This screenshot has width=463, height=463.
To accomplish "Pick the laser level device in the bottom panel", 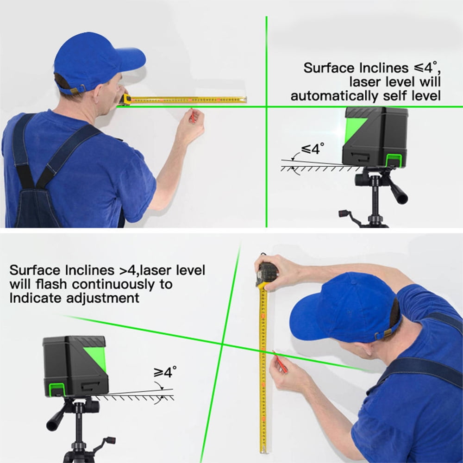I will click(75, 366).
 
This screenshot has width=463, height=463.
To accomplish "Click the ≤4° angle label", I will click(313, 149).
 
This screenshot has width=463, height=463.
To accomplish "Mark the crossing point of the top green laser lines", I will click(267, 106).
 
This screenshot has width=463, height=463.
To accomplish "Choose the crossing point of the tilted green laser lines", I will click(222, 344).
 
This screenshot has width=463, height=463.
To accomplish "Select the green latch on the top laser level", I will click(393, 160).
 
